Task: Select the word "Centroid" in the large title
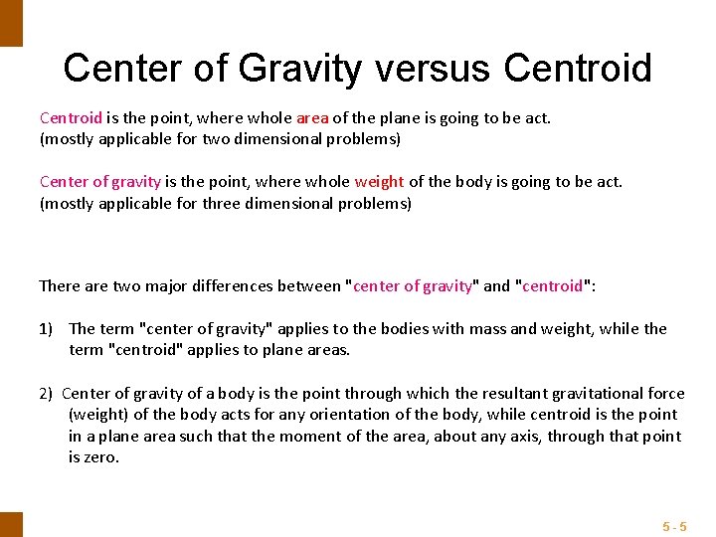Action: pos(578,68)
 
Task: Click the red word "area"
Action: pos(312,117)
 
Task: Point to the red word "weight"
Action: pos(379,181)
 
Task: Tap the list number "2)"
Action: pos(48,393)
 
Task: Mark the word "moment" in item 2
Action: pos(309,437)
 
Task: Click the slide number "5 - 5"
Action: pos(674,525)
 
